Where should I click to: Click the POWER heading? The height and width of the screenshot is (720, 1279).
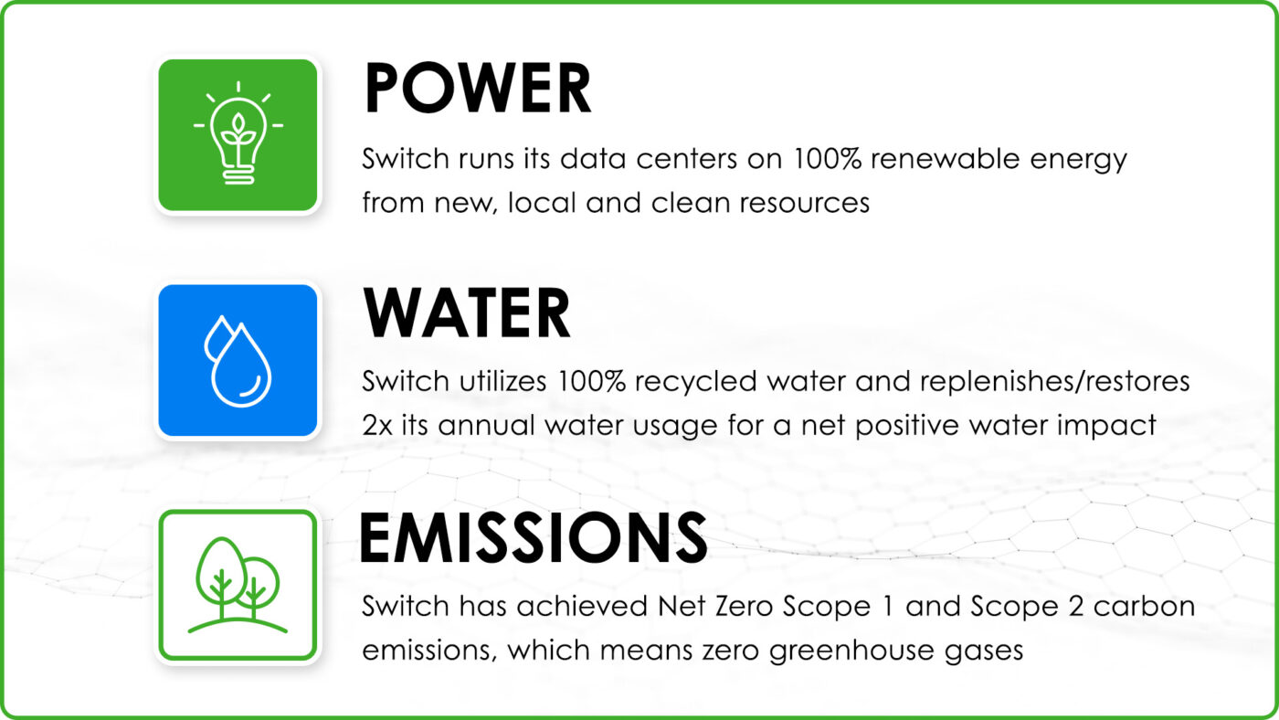click(477, 88)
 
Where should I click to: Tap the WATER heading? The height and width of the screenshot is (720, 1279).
click(467, 312)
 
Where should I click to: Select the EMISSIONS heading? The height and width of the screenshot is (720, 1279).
click(534, 538)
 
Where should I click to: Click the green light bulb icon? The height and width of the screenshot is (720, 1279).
click(238, 135)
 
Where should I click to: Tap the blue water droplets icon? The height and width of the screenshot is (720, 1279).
click(238, 360)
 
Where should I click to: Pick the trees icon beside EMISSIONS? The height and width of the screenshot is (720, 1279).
click(238, 586)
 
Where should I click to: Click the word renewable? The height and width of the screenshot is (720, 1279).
click(945, 159)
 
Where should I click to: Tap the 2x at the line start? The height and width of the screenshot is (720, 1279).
click(376, 426)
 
